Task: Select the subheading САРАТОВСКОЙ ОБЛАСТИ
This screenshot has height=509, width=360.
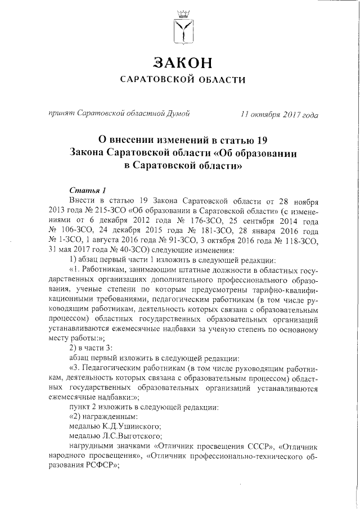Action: (180, 80)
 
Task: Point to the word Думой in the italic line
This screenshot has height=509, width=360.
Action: (175, 115)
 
